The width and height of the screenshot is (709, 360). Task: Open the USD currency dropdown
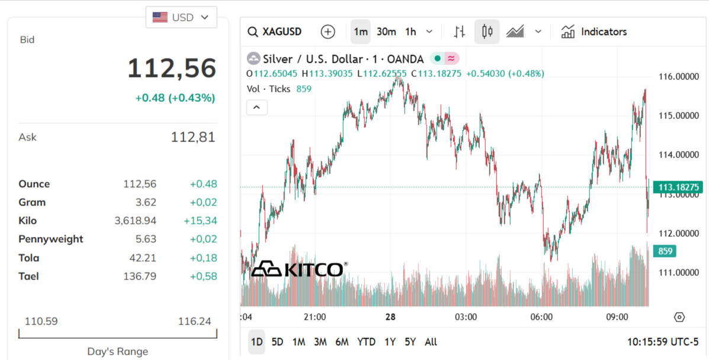tap(181, 17)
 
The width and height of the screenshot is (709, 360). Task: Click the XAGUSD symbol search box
tap(275, 31)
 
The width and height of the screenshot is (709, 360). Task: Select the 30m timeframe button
tap(386, 31)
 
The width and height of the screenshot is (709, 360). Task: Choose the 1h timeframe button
tap(410, 31)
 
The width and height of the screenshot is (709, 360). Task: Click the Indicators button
tap(594, 31)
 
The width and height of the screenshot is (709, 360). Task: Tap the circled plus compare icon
tap(328, 31)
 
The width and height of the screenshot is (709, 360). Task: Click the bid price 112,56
tap(172, 68)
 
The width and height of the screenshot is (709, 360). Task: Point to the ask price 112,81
tap(193, 137)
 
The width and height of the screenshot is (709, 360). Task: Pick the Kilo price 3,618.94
tap(136, 221)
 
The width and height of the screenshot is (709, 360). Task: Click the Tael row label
tap(29, 276)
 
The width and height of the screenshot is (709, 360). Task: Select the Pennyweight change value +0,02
tap(203, 239)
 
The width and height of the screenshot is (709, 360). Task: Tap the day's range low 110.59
tap(41, 322)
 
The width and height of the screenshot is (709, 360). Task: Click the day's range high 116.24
tap(194, 322)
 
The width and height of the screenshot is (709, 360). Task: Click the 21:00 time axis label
tap(315, 317)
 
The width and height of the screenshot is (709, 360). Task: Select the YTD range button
tap(366, 342)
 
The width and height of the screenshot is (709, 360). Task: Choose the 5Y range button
tap(410, 342)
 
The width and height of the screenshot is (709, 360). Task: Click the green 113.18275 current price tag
tap(678, 188)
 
